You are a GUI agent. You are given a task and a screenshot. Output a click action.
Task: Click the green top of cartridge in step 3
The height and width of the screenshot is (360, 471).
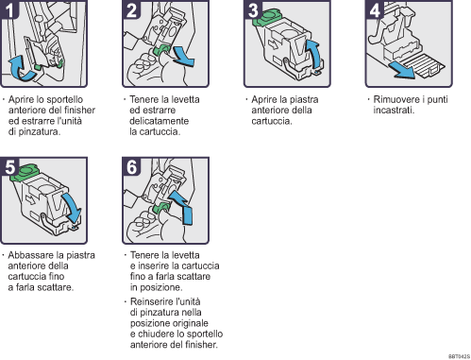(x=275, y=16)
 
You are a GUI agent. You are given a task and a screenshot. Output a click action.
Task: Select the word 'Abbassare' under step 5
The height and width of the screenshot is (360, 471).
(x=27, y=254)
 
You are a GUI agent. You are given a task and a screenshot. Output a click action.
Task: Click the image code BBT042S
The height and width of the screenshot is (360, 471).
(x=458, y=355)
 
